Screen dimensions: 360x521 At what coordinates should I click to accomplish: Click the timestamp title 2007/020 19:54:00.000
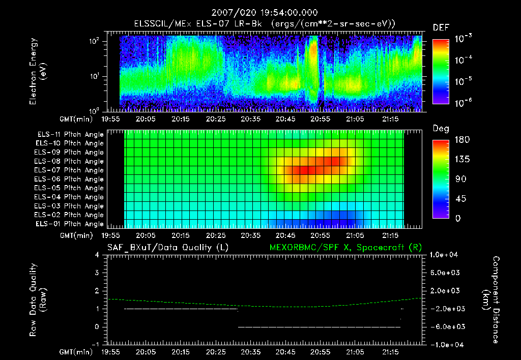(x=260, y=12)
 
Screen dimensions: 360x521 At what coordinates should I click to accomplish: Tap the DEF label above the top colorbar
(x=441, y=28)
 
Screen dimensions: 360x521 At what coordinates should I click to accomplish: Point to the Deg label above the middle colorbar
(x=441, y=129)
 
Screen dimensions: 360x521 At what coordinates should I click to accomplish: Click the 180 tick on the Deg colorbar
(x=461, y=139)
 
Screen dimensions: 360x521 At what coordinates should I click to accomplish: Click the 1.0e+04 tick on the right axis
(x=445, y=255)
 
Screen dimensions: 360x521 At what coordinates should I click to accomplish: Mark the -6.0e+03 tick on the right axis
(x=445, y=326)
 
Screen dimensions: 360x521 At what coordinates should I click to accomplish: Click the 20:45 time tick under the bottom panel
(x=285, y=352)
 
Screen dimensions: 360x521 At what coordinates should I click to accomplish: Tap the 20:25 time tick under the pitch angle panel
(x=215, y=236)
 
